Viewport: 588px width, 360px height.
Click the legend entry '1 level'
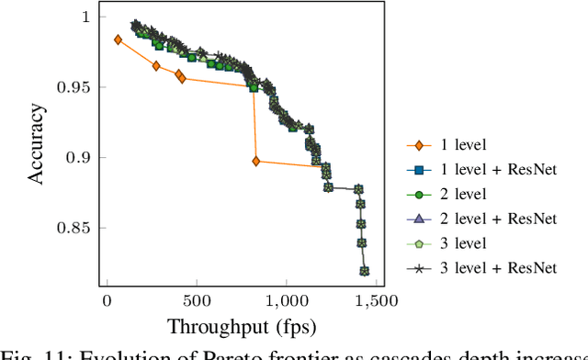pyautogui.click(x=462, y=145)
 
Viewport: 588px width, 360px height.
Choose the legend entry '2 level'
pyautogui.click(x=462, y=194)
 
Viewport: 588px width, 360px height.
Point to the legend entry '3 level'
pyautogui.click(x=462, y=243)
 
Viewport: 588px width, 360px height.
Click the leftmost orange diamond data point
pyautogui.click(x=118, y=39)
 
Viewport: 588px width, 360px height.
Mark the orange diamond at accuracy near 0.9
pyautogui.click(x=255, y=161)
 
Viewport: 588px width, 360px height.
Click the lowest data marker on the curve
pyautogui.click(x=365, y=271)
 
